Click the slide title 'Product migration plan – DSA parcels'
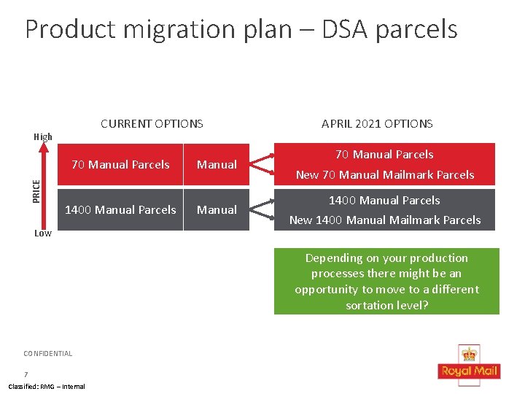coord(241,29)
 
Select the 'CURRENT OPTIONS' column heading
coord(152,124)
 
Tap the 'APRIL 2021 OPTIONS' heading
coord(377,124)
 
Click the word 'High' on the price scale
coord(44,136)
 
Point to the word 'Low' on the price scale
coord(43,233)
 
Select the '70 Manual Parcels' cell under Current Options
coord(120,165)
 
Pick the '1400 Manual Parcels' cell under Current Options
coord(120,210)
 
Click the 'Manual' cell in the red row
coord(217,165)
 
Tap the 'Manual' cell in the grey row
coord(217,210)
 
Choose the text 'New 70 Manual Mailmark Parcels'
coord(384,175)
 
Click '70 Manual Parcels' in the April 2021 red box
coord(384,155)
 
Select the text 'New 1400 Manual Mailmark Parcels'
coord(384,220)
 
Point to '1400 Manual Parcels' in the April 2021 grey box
coord(384,201)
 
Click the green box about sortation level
coord(386,281)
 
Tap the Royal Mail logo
coord(469,363)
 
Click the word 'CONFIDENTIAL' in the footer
coord(48,354)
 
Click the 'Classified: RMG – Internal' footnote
coord(47,387)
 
